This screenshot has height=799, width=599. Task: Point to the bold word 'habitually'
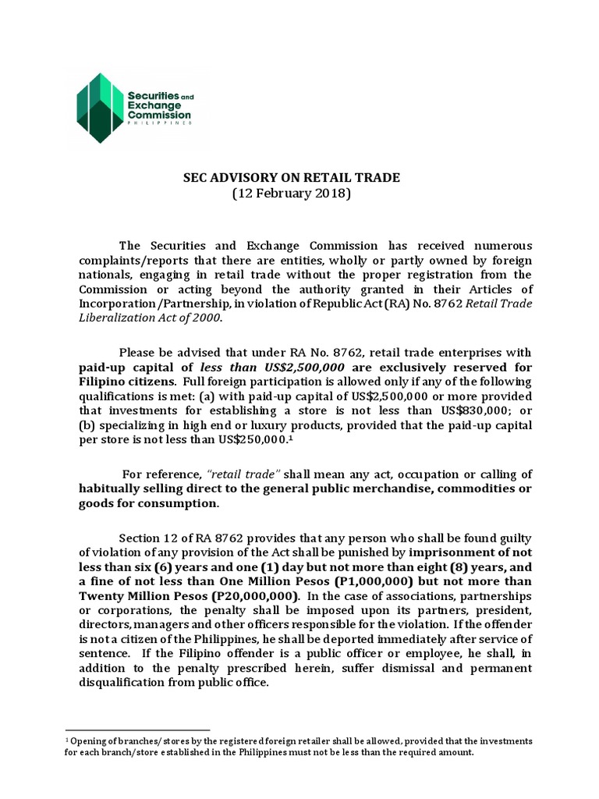pyautogui.click(x=115, y=489)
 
